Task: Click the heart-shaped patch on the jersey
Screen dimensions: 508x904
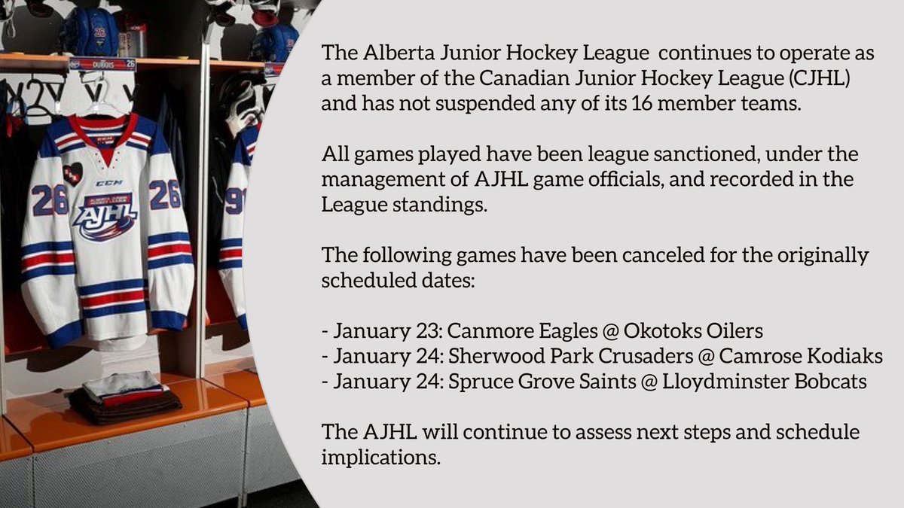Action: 73,174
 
